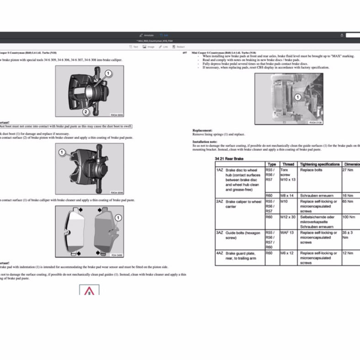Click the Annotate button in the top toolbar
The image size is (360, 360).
(147, 35)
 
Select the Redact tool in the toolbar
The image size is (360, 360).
(179, 47)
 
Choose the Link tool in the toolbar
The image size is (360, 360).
(164, 47)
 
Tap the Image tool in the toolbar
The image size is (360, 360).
(148, 47)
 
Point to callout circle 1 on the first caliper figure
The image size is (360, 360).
(108, 73)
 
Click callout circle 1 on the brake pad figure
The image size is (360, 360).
(117, 219)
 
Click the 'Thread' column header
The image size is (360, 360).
(288, 164)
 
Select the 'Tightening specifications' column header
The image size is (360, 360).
(319, 164)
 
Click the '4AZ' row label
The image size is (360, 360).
(220, 253)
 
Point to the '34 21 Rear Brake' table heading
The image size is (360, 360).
(229, 159)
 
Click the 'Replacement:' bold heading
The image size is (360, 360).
(202, 130)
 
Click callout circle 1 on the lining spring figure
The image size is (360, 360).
(297, 97)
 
